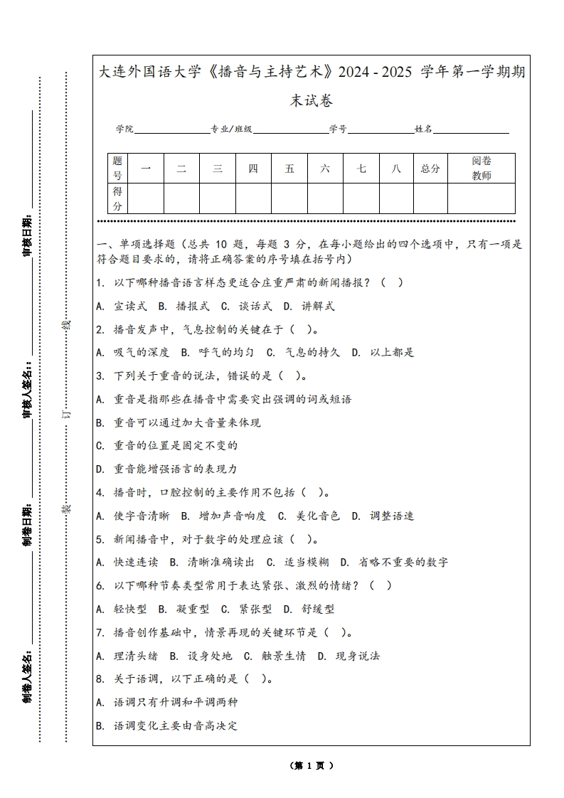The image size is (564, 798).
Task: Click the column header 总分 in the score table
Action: coord(430,169)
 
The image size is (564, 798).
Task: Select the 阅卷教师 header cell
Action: coord(481,169)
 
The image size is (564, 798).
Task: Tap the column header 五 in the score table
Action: coord(289,169)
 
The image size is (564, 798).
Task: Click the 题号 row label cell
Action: coord(117,169)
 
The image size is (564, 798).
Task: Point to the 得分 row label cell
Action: coord(117,198)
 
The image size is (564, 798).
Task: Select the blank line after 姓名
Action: coord(471,130)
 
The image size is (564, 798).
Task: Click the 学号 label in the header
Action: coord(338,129)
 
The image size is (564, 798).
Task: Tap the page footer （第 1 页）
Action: coord(312,766)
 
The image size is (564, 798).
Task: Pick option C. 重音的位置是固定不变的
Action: coord(166,446)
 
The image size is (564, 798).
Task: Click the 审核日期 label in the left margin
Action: coord(28,234)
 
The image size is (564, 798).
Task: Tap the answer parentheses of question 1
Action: coord(392,282)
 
